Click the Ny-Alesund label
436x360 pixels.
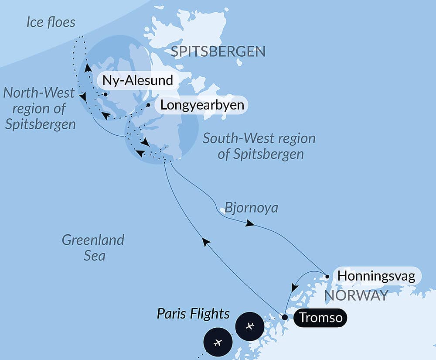[x=137, y=81]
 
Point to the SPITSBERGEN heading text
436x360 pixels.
[x=218, y=52]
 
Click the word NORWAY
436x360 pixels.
[x=356, y=296]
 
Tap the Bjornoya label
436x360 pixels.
[x=251, y=208]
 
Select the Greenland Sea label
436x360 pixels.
[x=93, y=247]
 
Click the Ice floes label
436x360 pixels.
[x=51, y=22]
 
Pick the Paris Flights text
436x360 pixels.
[x=193, y=313]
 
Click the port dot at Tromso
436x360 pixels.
[x=285, y=317]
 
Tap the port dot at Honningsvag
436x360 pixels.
[x=327, y=276]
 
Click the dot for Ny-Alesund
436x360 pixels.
[x=105, y=94]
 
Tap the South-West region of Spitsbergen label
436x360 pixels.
[x=259, y=146]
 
